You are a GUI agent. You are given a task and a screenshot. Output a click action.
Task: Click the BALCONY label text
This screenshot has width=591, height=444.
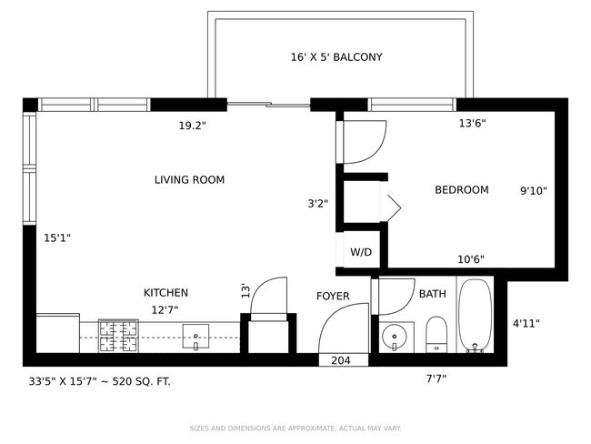(x=357, y=57)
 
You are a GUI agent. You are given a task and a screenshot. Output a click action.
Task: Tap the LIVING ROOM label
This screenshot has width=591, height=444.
(x=190, y=179)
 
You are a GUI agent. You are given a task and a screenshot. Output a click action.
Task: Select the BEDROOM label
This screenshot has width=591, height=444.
(x=462, y=189)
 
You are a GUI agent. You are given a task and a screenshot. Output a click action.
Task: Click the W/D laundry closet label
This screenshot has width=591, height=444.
(x=361, y=252)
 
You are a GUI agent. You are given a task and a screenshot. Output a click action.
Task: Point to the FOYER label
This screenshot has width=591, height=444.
(x=333, y=296)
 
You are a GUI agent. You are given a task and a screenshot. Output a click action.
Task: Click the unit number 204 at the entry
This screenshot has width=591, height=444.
(x=341, y=360)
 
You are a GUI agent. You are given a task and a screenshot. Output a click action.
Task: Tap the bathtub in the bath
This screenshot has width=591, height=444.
(x=475, y=316)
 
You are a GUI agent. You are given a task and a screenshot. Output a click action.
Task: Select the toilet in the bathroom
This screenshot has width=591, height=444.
(x=436, y=335)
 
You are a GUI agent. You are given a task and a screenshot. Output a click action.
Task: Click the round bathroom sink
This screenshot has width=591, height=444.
(x=395, y=337)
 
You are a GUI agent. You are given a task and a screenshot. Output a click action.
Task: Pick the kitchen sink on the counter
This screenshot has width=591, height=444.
(x=195, y=336)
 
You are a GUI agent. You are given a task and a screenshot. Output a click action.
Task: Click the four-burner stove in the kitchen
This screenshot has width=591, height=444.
(x=118, y=336)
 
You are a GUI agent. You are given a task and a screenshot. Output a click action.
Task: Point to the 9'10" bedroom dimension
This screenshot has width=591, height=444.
(x=534, y=191)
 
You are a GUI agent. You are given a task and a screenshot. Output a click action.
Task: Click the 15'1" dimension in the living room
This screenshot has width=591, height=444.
(x=57, y=238)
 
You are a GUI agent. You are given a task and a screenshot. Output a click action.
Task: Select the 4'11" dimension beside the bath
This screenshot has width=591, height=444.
(x=526, y=323)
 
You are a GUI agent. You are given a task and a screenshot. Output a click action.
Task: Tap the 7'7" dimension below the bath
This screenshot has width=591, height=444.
(x=436, y=378)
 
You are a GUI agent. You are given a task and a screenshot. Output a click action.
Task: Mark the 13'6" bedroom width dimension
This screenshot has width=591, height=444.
(x=472, y=124)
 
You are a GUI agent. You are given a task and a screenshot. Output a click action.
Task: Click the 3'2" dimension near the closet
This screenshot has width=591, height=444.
(x=317, y=204)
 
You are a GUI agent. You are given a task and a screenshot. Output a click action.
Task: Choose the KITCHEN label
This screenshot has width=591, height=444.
(x=165, y=293)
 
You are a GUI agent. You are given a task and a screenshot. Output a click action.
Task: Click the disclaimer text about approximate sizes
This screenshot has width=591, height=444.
(x=295, y=429)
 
